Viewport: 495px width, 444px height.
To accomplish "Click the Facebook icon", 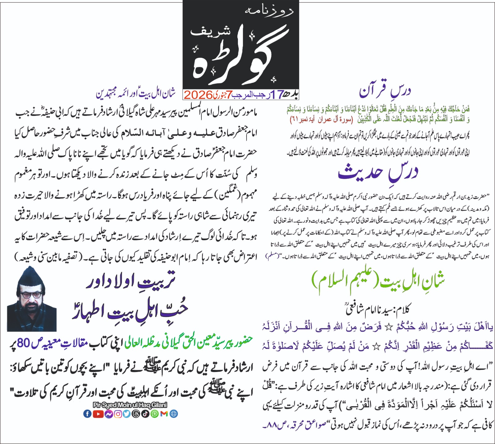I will point(88,414).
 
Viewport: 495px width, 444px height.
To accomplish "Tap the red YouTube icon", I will point(98,414).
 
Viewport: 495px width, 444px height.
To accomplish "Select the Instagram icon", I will point(118,414).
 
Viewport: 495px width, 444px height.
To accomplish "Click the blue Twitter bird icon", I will point(127,414).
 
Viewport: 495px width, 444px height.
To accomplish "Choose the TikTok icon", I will point(145,414).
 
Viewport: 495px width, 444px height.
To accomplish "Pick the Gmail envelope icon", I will point(164,414).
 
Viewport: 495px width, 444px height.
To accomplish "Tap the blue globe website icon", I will point(174,414).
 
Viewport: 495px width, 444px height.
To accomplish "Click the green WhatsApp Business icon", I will point(155,414).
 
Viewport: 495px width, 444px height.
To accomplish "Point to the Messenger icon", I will point(109,414).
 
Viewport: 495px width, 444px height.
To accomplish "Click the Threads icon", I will point(136,414).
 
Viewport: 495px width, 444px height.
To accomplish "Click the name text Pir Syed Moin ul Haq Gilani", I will point(130,405).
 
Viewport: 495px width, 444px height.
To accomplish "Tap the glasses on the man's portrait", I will point(31,294).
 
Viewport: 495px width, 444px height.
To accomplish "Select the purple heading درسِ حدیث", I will point(378,173).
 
